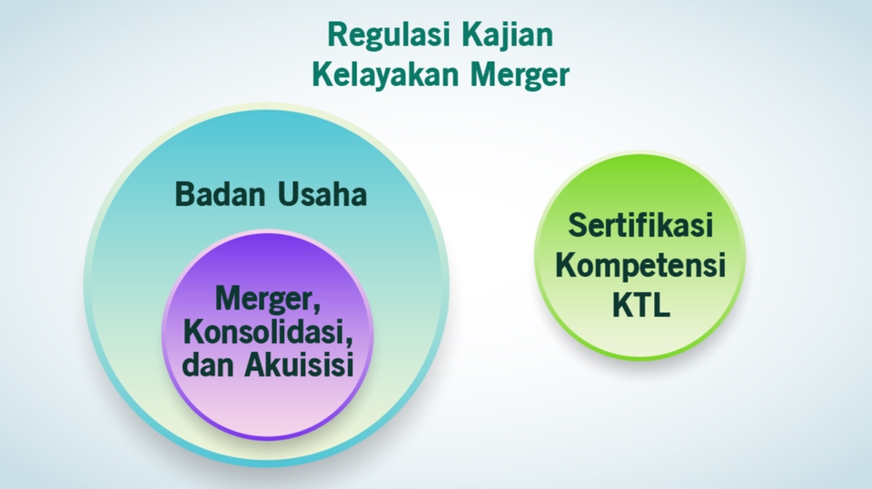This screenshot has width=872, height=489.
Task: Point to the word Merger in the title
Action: coord(519,75)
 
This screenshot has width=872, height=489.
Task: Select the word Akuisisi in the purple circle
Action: coord(297,364)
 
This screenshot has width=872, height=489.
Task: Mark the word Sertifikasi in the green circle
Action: coord(640,226)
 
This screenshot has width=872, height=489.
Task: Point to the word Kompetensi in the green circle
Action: coord(640,266)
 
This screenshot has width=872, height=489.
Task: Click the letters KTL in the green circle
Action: coord(640,306)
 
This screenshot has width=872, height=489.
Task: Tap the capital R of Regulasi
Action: coord(335,36)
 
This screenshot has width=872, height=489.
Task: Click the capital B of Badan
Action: coord(184,194)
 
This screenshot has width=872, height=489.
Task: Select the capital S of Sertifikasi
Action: coord(577,226)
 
